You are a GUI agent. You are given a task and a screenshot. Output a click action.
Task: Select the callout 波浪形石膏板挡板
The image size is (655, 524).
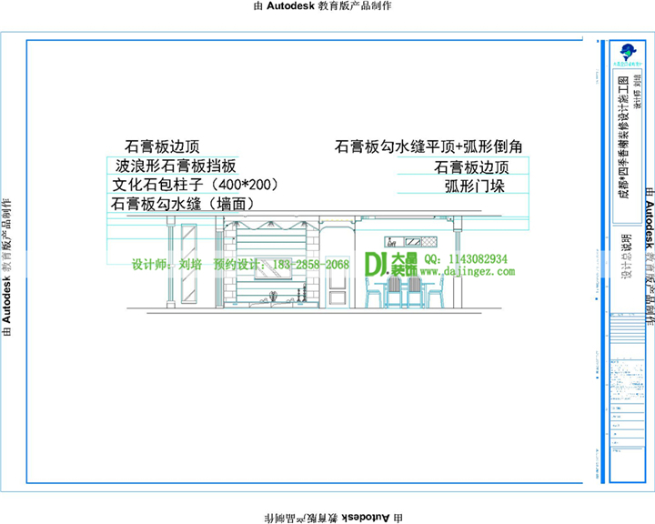pos(176,166)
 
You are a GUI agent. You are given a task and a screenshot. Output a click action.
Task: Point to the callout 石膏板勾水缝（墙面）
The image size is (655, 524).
pos(182,205)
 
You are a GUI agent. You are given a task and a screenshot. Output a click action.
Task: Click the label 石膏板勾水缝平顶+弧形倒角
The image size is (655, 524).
pos(428,146)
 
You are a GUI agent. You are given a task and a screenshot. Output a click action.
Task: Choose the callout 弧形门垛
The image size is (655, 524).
pos(474,186)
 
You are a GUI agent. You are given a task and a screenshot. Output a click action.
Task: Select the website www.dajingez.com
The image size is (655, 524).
pos(467,271)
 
